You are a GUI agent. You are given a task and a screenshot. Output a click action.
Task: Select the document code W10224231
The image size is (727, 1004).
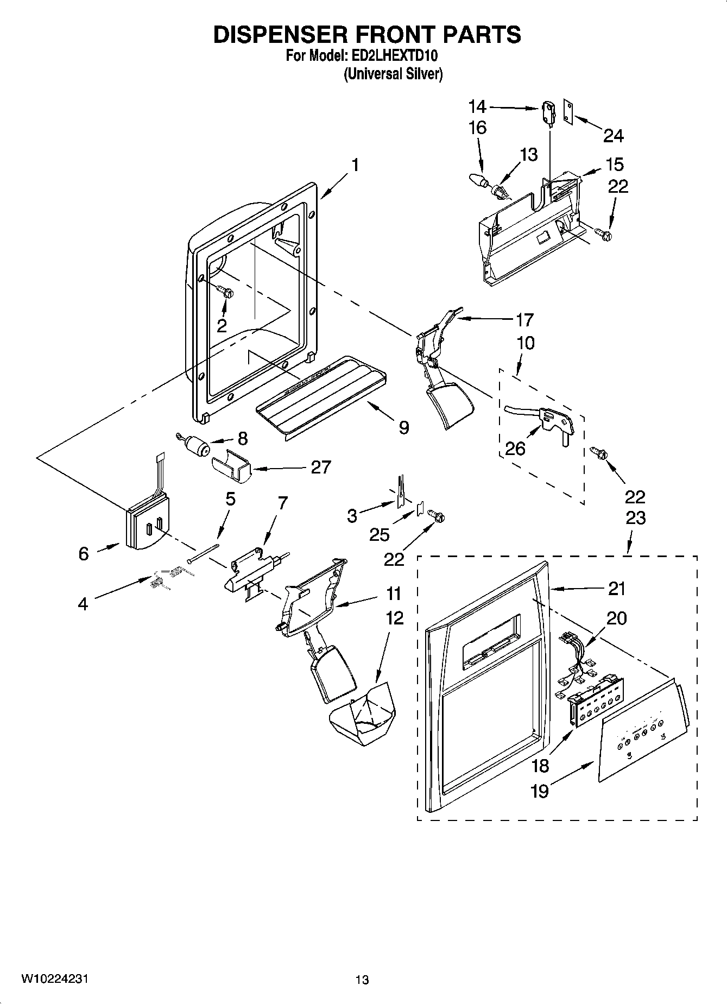[x=55, y=979]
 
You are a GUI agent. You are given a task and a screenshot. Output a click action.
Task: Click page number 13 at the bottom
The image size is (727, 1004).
[x=362, y=980]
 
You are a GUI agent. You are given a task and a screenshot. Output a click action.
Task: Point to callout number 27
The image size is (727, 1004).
[x=320, y=466]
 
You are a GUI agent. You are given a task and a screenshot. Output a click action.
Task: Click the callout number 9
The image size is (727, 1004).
[x=403, y=427]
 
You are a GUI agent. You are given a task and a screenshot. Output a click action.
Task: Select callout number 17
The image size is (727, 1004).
[x=524, y=319]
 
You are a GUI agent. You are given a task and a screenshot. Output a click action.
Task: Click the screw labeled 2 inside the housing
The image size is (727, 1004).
[x=226, y=292]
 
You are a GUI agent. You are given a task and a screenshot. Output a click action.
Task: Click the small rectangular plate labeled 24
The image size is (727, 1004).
[x=568, y=112]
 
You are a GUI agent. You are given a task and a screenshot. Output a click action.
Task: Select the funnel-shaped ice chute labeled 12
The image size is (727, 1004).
[x=363, y=715]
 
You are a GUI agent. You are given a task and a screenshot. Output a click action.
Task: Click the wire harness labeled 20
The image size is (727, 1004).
[x=576, y=652]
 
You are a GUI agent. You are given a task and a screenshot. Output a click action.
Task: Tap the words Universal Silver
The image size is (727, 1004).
[x=393, y=74]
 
